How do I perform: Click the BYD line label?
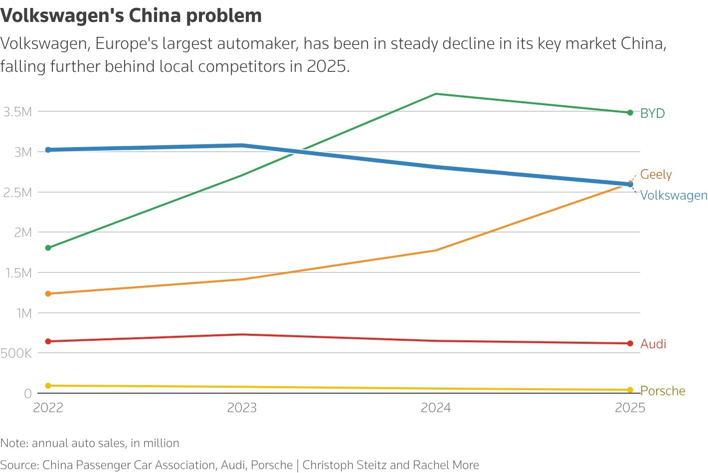[x=652, y=113]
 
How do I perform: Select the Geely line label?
[x=656, y=174]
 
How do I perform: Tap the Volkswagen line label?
[x=674, y=196]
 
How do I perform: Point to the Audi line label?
[x=653, y=344]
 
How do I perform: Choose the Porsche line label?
[x=663, y=391]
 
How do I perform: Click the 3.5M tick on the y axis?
[x=18, y=112]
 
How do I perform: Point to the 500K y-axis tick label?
[x=16, y=353]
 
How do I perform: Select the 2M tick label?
[x=23, y=233]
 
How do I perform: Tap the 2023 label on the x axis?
[x=242, y=408]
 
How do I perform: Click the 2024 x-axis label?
[x=436, y=408]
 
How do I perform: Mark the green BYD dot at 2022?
[x=48, y=248]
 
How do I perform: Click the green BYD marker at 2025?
[x=630, y=113]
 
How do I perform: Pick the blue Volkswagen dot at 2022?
[x=48, y=150]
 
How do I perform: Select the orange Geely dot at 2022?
[x=48, y=294]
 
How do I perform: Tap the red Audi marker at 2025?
[x=630, y=343]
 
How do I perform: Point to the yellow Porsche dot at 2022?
[x=48, y=386]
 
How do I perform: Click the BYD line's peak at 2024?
[x=436, y=94]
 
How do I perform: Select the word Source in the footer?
[x=19, y=465]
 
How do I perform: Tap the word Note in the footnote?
[x=14, y=443]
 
